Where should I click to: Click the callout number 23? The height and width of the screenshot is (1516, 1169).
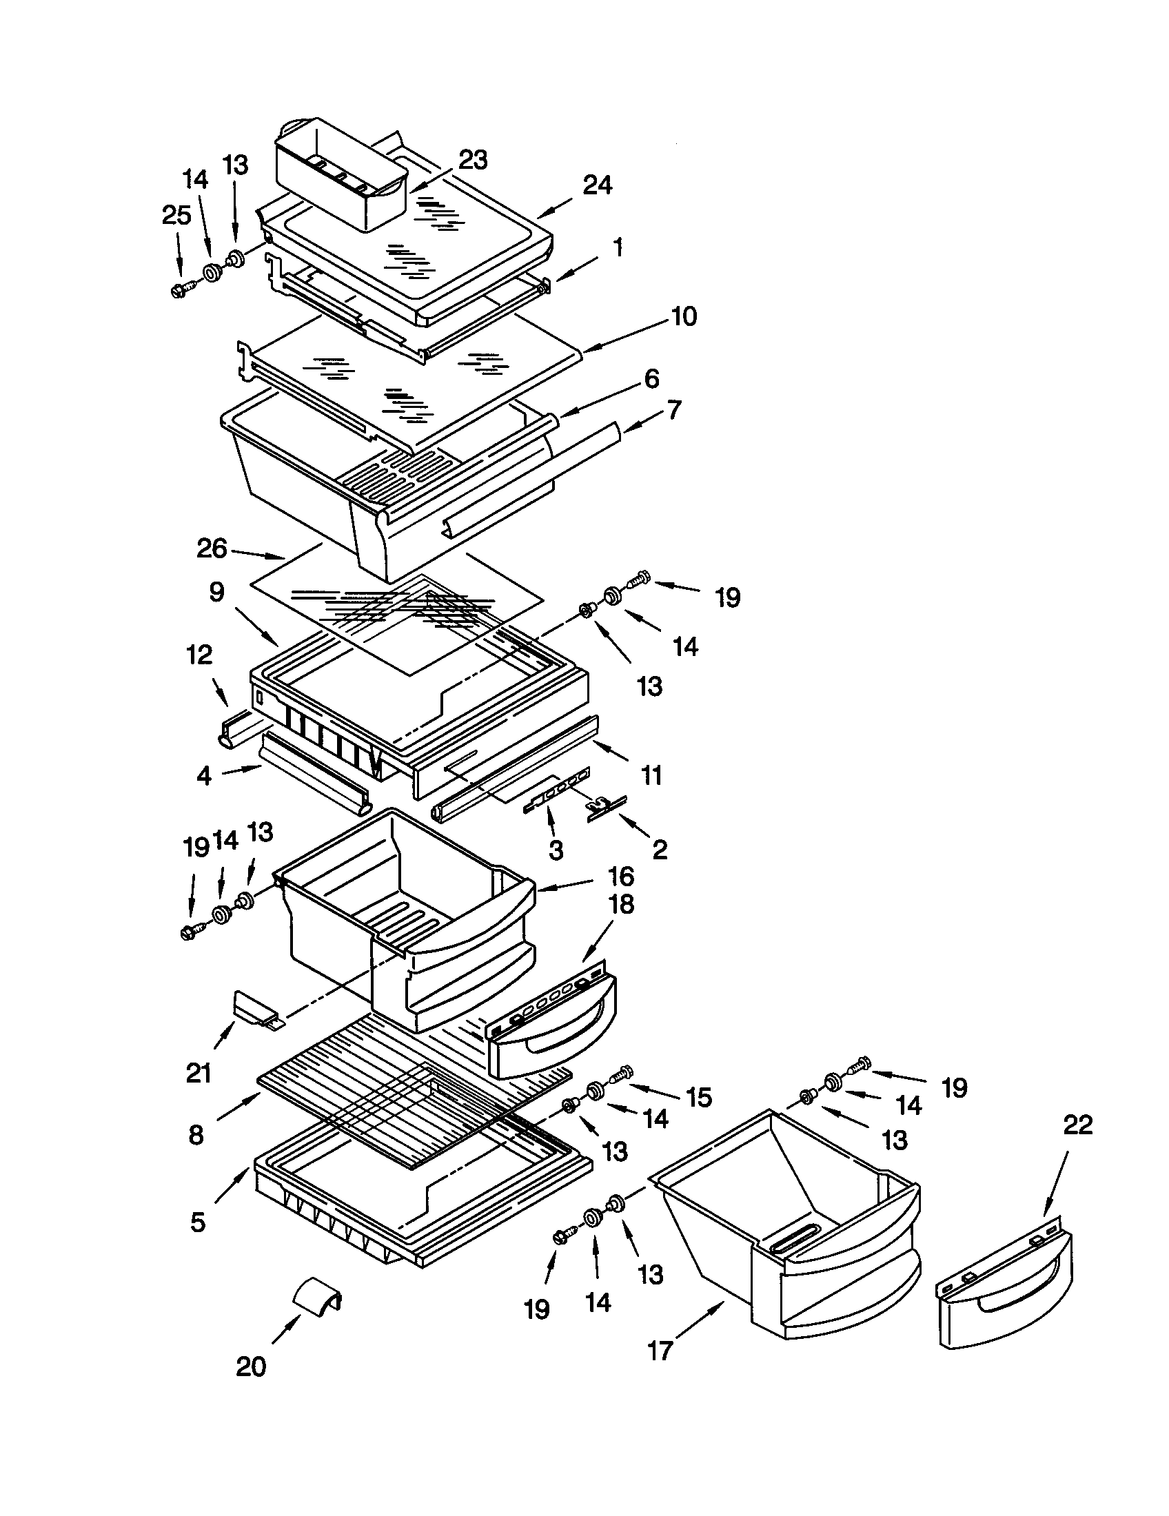(473, 161)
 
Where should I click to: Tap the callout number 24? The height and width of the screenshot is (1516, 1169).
(597, 185)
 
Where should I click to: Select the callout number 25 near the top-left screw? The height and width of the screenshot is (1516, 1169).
(176, 215)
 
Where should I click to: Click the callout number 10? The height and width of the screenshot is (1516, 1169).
(683, 316)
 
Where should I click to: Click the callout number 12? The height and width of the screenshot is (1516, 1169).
(199, 655)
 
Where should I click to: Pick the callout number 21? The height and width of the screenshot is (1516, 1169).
(199, 1073)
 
